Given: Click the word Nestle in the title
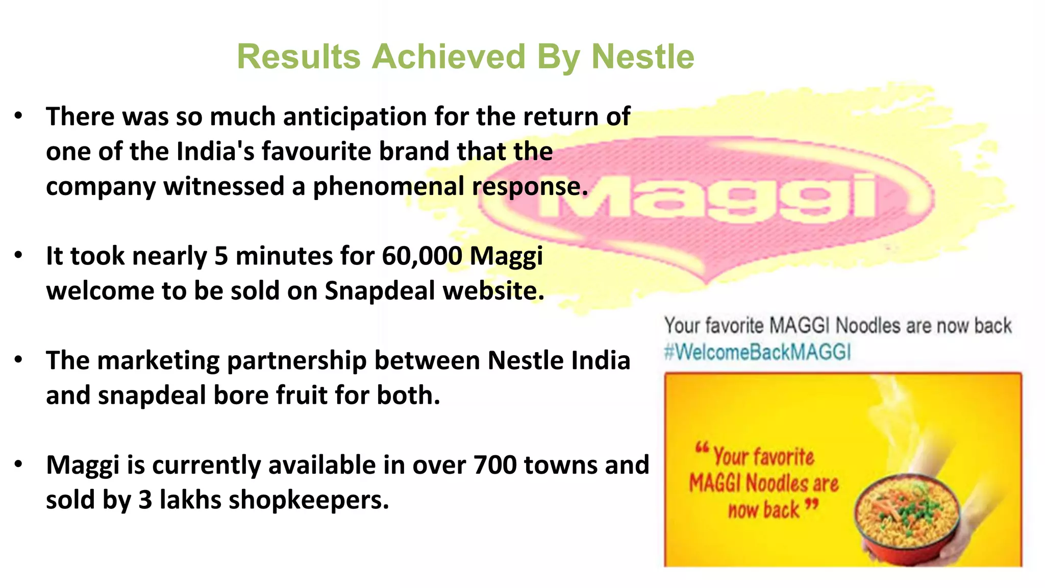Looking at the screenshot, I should click(642, 56).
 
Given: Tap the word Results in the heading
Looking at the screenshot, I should click(298, 56).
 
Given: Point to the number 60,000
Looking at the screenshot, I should click(422, 256).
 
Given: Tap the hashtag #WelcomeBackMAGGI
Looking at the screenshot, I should click(757, 352).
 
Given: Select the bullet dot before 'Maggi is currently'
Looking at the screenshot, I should click(18, 464).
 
